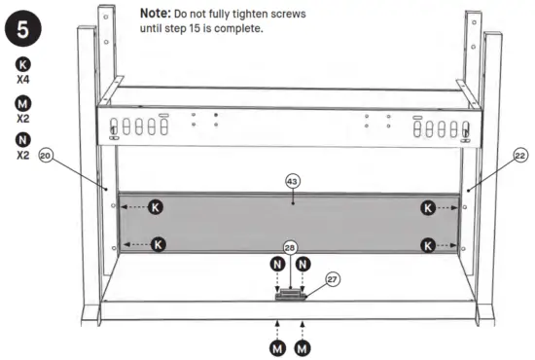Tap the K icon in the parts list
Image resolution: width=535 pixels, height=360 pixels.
click(x=23, y=65)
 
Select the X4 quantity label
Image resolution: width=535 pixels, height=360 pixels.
click(x=23, y=81)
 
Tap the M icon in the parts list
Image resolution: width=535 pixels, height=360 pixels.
click(x=23, y=103)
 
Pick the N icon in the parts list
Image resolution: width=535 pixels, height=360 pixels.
click(x=23, y=140)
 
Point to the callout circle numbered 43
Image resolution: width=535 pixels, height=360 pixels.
click(x=293, y=181)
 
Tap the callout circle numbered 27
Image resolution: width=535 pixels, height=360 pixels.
click(x=333, y=279)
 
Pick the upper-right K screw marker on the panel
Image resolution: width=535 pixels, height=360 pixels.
click(x=426, y=207)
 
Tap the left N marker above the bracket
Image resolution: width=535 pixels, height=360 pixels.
click(x=276, y=263)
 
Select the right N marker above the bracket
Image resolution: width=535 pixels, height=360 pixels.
click(x=303, y=263)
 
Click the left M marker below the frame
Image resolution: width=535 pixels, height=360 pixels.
click(x=277, y=345)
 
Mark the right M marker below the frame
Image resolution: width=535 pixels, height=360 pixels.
click(x=303, y=345)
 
